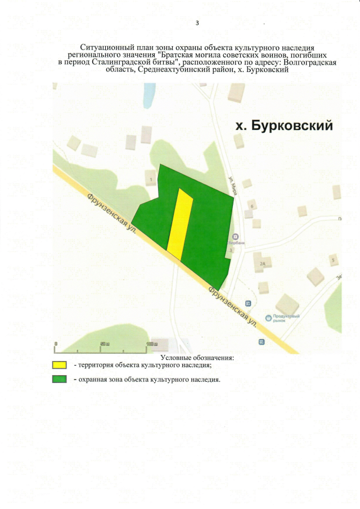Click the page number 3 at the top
click(x=197, y=23)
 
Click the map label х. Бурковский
click(x=283, y=125)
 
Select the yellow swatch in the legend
click(x=60, y=365)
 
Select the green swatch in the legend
click(x=60, y=379)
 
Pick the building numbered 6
click(x=252, y=206)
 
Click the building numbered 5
click(x=333, y=260)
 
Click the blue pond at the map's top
click(x=149, y=96)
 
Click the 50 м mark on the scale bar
click(x=105, y=344)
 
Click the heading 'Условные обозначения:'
click(x=197, y=357)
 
